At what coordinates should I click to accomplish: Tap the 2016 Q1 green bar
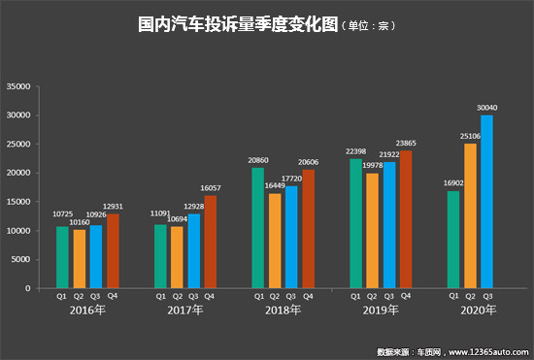[62, 257]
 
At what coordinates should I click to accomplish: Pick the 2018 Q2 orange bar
[275, 241]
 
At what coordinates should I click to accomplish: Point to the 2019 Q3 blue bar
[388, 225]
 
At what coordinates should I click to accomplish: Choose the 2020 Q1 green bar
[452, 240]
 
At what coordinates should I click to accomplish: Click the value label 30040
[486, 108]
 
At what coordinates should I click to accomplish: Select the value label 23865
[407, 143]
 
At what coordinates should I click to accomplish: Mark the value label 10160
[81, 221]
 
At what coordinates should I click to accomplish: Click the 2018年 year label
[283, 311]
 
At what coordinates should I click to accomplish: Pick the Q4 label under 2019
[405, 296]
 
